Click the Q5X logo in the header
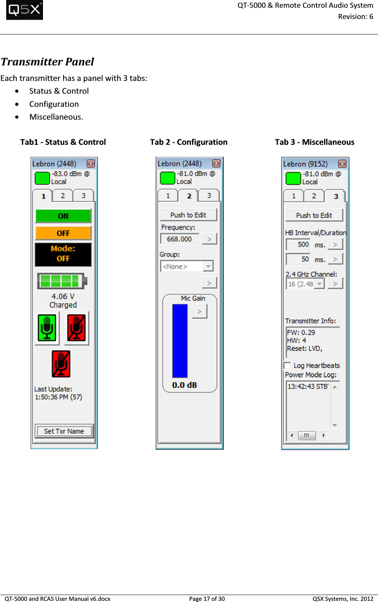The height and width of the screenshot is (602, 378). (x=24, y=10)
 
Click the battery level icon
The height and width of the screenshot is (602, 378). (x=62, y=281)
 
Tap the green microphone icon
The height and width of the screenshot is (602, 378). (x=47, y=328)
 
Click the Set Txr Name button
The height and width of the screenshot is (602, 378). (x=64, y=431)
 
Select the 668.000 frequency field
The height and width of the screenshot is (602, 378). (x=180, y=239)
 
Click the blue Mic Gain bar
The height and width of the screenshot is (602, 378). (x=180, y=341)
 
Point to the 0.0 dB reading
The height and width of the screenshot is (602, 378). (x=184, y=385)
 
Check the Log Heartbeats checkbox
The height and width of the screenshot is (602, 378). (x=287, y=365)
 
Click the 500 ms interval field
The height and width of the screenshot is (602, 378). (x=298, y=244)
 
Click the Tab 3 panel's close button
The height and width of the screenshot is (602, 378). (x=342, y=164)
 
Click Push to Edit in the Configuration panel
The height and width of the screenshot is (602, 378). (x=188, y=215)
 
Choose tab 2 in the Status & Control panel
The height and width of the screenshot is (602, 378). (x=63, y=196)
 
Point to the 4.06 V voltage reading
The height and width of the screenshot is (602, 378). (x=63, y=296)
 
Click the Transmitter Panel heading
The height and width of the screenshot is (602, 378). (x=47, y=62)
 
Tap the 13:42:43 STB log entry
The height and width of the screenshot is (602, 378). (x=308, y=386)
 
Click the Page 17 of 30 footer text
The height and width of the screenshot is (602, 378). (x=207, y=599)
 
